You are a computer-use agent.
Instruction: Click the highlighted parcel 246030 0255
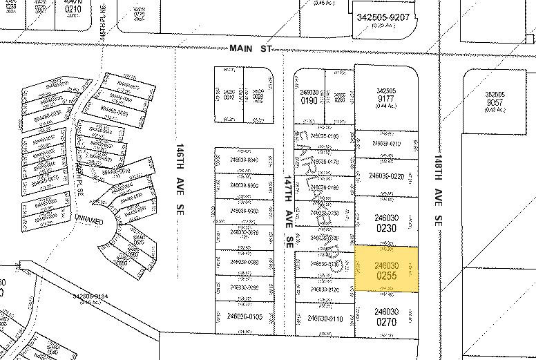387,269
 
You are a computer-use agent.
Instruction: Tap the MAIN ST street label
252,48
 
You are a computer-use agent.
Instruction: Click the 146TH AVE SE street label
179,178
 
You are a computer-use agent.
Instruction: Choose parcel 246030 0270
387,316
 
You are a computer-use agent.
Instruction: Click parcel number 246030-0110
325,319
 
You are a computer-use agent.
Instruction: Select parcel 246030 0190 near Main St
309,96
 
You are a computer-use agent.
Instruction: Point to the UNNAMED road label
88,222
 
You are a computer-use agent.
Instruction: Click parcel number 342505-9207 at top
384,16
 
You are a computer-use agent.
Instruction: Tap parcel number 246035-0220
386,176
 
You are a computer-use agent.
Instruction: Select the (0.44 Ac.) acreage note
385,106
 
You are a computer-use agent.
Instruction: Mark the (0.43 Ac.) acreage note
495,110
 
